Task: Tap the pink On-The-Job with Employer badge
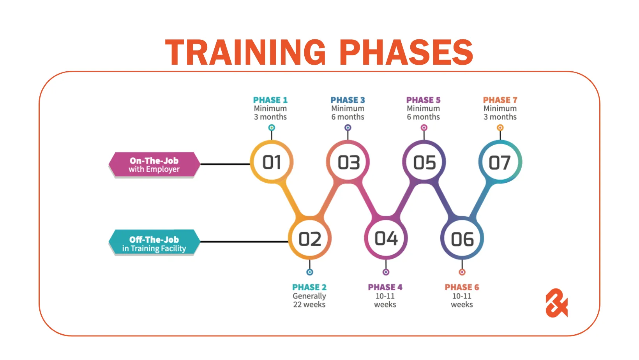(x=154, y=164)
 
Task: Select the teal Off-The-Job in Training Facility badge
(x=154, y=242)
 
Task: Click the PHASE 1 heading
(x=270, y=100)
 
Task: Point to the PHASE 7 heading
(x=500, y=100)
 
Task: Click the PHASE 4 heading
(x=385, y=287)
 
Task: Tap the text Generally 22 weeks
(x=309, y=300)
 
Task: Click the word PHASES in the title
(x=406, y=53)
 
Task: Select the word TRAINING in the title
(x=245, y=53)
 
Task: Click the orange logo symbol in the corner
(x=556, y=303)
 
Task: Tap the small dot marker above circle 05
(x=424, y=127)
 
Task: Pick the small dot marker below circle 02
(x=310, y=272)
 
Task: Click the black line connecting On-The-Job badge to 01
(x=225, y=164)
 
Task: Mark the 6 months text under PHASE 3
(x=348, y=117)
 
